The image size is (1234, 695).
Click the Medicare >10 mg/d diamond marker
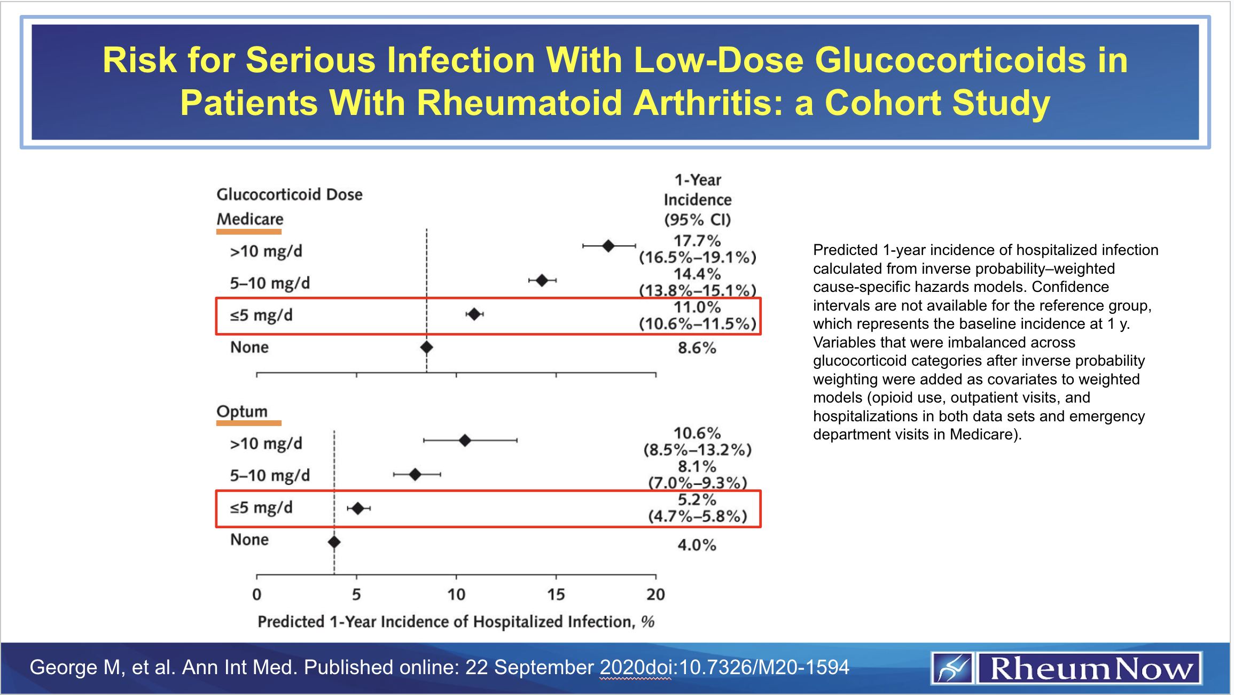[608, 246]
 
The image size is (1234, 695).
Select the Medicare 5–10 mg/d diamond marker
[542, 280]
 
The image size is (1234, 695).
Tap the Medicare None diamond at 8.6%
[426, 347]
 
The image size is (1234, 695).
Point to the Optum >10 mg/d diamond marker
[465, 441]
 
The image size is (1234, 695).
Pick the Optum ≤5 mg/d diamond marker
[358, 508]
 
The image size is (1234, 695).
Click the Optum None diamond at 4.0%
[334, 542]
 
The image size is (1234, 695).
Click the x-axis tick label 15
[556, 594]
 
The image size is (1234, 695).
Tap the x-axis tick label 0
[257, 594]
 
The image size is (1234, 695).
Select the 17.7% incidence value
[697, 241]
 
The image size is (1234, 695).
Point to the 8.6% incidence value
[697, 348]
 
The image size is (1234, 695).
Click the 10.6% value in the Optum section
[697, 433]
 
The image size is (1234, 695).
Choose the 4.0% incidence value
[697, 545]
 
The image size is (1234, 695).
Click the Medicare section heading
[249, 219]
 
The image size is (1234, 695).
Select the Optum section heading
[242, 412]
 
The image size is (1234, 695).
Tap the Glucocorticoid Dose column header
[289, 195]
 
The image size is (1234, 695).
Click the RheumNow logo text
[1090, 668]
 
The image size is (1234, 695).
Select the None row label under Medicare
[249, 347]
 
